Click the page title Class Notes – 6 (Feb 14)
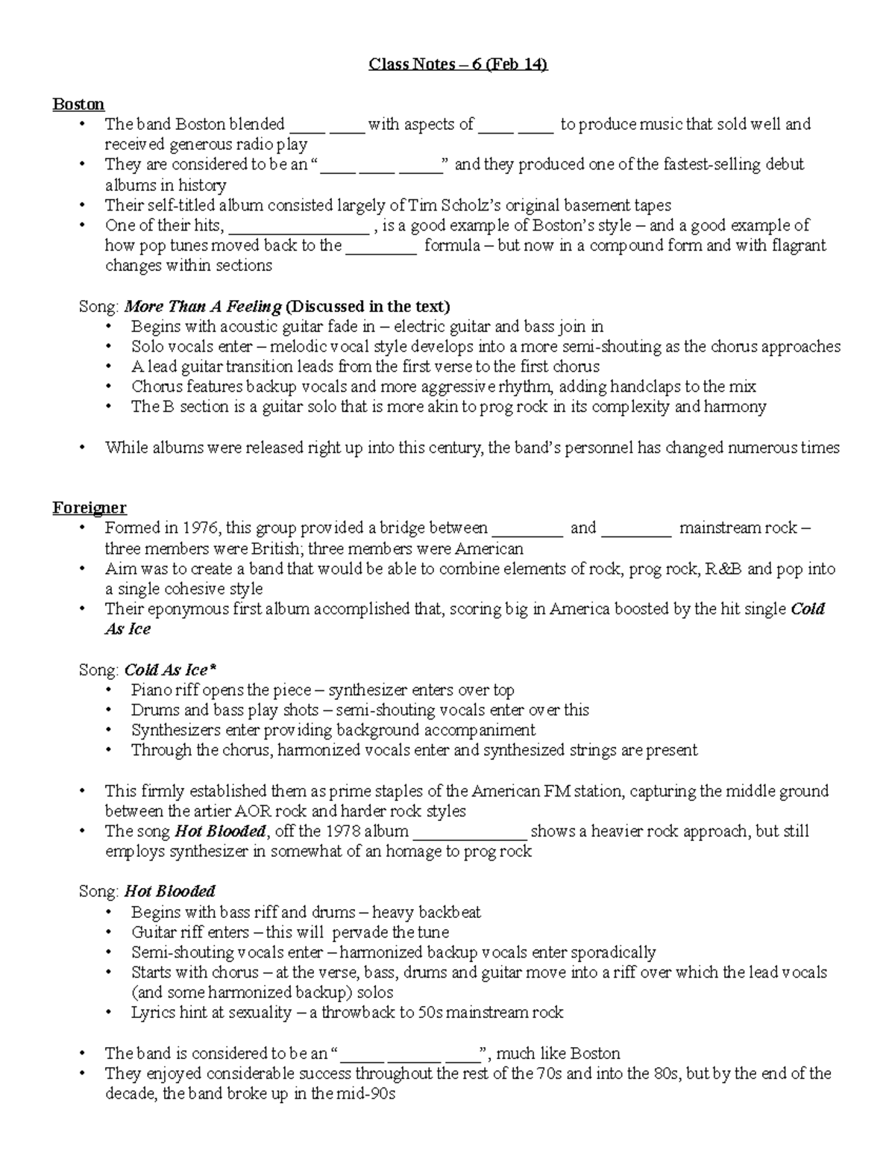tap(458, 64)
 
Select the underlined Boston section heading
tap(78, 104)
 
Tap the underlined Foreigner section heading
tap(89, 508)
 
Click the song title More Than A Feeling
tap(203, 306)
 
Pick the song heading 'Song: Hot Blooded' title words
tap(169, 892)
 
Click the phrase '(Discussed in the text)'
tap(368, 306)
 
